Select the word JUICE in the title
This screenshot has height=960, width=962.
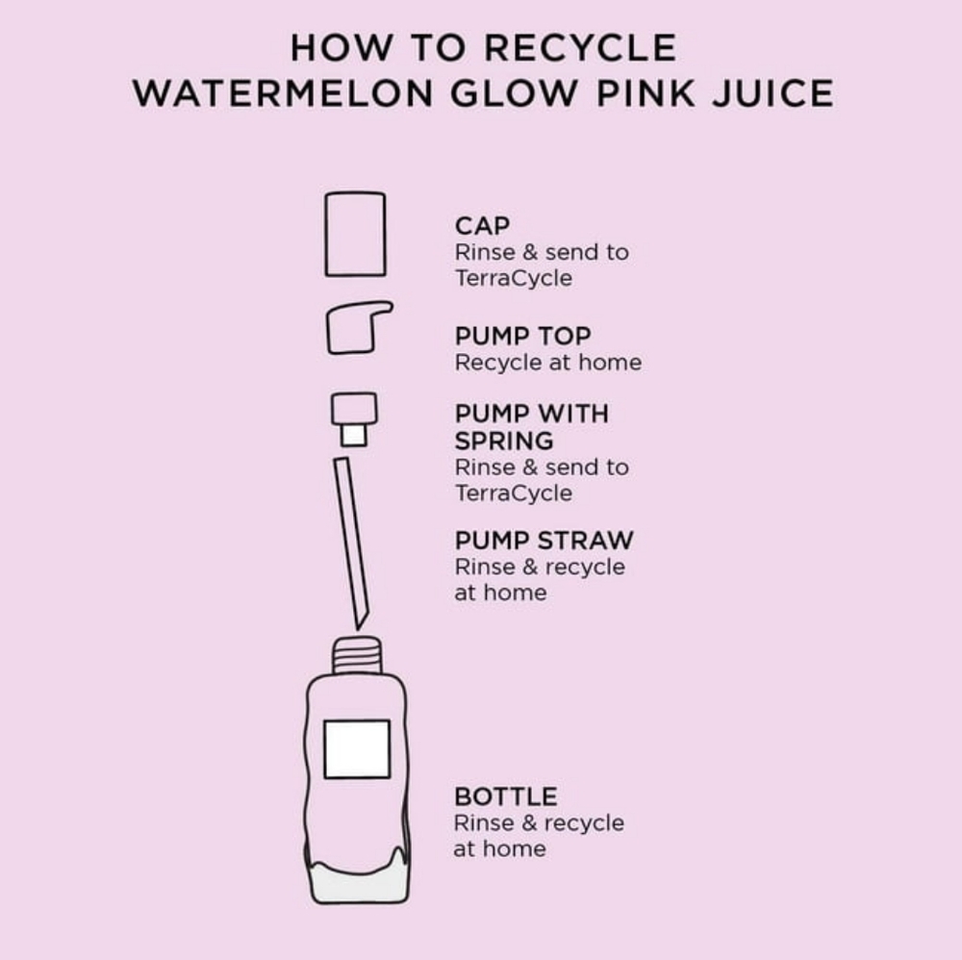773,94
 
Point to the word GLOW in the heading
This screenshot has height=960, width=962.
514,94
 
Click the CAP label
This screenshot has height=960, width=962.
482,226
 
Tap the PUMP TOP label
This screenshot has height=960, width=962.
522,336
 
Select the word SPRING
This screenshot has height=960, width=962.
504,442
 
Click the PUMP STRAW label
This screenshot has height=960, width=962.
544,541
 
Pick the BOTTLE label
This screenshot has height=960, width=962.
506,796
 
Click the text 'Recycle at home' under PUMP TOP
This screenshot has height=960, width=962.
548,363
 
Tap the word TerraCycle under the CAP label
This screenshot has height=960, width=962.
514,279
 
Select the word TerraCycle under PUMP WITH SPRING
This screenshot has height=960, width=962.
514,493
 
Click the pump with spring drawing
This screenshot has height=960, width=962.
354,419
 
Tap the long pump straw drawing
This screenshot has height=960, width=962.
351,543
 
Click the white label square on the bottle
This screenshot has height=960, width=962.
357,749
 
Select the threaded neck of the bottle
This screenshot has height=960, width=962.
357,656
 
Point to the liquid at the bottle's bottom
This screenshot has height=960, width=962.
358,880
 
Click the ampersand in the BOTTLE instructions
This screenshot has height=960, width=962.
529,823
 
